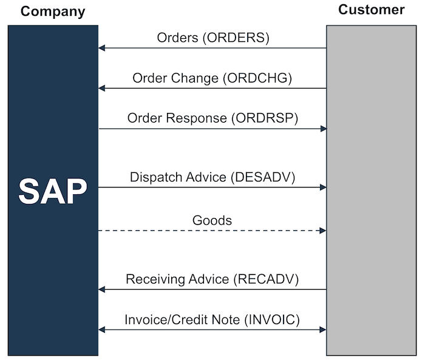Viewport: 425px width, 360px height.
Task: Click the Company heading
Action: [53, 12]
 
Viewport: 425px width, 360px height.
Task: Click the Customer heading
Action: [371, 10]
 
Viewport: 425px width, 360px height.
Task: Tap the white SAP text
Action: [53, 191]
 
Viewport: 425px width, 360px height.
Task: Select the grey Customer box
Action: [372, 243]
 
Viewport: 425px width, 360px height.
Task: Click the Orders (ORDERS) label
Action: [212, 38]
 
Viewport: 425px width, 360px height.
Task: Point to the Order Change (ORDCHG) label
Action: [212, 78]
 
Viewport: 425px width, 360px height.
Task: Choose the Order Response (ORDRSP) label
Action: [212, 118]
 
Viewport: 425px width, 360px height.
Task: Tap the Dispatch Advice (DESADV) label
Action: [212, 177]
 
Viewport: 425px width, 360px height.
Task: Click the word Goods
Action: [212, 220]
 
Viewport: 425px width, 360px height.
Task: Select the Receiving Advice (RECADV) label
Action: [212, 279]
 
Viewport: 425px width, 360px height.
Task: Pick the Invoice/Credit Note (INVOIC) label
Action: [212, 319]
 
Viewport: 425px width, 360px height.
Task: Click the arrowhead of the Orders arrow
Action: [102, 48]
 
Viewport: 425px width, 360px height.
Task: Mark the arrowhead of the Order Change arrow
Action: [102, 89]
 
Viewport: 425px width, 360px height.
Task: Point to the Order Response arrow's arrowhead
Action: [323, 129]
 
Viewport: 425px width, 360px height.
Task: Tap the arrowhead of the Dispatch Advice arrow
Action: [323, 188]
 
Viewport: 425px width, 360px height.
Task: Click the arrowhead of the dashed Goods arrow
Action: [323, 231]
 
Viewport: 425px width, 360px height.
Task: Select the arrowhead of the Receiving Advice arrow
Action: [102, 290]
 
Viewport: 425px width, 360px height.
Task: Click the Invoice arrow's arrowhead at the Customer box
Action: [323, 330]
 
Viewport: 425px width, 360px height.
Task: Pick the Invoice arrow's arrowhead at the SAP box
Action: [102, 330]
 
